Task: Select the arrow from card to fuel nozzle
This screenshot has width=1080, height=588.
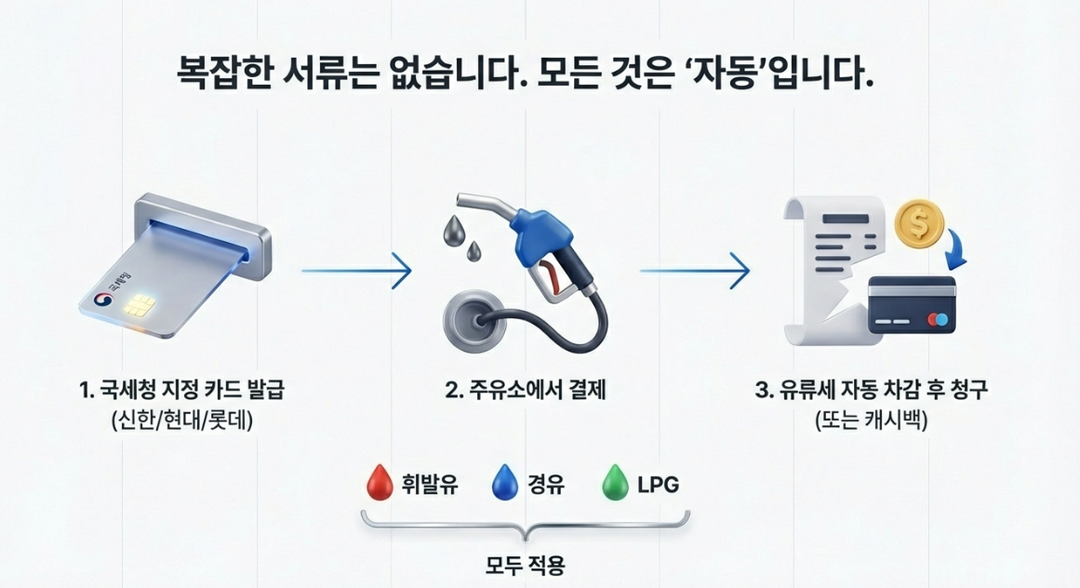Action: pyautogui.click(x=356, y=271)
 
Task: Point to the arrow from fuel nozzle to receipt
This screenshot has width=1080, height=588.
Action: pyautogui.click(x=694, y=271)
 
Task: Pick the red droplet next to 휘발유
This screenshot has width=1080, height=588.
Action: pyautogui.click(x=376, y=484)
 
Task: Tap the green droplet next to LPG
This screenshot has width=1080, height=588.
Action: pyautogui.click(x=616, y=484)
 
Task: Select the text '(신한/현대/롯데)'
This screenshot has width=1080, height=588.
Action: pyautogui.click(x=180, y=421)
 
